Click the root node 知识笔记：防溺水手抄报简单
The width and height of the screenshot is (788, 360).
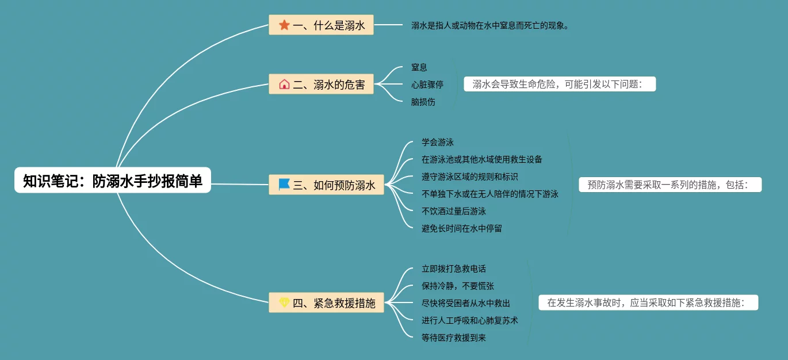[113, 181]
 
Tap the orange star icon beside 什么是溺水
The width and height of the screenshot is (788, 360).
[284, 25]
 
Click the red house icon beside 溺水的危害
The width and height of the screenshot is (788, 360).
[284, 85]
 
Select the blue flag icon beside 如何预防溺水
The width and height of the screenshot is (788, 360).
[284, 185]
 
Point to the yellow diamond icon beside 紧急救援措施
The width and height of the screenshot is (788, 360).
[284, 302]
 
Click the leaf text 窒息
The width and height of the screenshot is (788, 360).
[419, 67]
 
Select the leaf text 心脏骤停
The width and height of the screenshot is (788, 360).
[427, 85]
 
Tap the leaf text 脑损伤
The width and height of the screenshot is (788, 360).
[423, 102]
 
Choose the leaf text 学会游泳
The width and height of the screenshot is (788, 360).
[438, 142]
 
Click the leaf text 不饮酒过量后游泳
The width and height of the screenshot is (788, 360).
[454, 211]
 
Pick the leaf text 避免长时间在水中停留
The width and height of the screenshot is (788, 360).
[462, 228]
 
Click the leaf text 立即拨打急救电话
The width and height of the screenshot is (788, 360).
[454, 269]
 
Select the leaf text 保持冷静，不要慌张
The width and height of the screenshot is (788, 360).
[458, 286]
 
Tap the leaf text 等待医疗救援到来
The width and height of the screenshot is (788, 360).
[454, 338]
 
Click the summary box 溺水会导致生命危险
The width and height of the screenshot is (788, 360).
[560, 85]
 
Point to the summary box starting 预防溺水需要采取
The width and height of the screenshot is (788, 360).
[670, 185]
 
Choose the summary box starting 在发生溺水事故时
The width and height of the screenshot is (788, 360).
[648, 302]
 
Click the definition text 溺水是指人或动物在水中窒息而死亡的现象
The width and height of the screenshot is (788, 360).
[490, 25]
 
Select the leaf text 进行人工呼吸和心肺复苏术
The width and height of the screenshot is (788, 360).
[470, 320]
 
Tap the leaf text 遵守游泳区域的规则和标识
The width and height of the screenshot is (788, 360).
[470, 177]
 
